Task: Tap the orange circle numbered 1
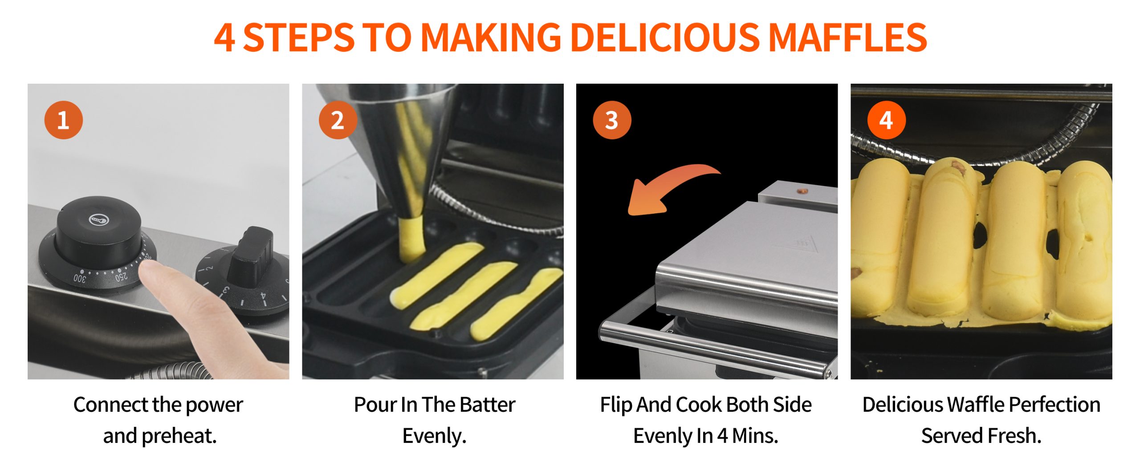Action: tap(64, 120)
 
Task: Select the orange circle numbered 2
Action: tap(338, 120)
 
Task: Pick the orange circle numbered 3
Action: tap(612, 120)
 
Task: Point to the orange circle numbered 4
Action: tap(886, 120)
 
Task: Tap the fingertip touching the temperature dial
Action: tap(151, 272)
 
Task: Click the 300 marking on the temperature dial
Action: tap(79, 279)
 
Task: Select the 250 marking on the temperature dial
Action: tap(121, 277)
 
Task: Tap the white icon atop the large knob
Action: tap(98, 219)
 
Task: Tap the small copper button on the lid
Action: tap(802, 191)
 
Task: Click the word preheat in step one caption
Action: tap(179, 436)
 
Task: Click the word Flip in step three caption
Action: tap(616, 405)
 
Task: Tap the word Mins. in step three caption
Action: tap(755, 436)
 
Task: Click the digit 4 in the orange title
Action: tap(224, 38)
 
